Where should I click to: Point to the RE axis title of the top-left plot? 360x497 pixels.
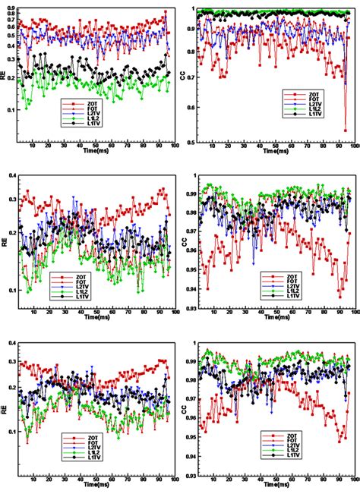(x=5, y=76)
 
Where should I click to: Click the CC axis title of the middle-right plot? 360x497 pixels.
(x=184, y=243)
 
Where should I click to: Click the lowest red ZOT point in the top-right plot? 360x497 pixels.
(x=346, y=131)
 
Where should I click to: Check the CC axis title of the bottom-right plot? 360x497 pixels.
(x=184, y=408)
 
